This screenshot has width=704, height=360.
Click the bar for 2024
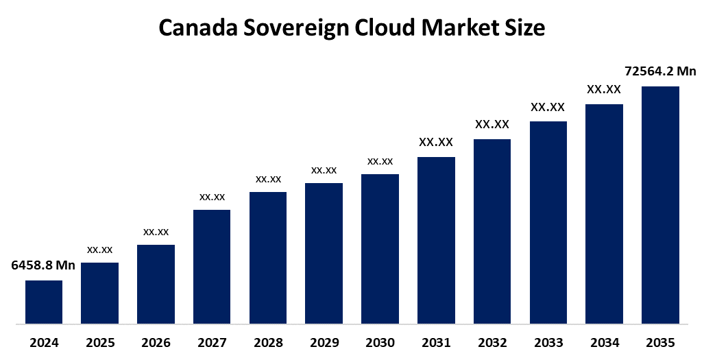pyautogui.click(x=44, y=302)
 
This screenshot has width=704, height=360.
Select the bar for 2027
pyautogui.click(x=212, y=266)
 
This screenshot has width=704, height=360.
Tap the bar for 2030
pyautogui.click(x=380, y=248)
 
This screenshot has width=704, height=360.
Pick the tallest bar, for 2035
pyautogui.click(x=660, y=204)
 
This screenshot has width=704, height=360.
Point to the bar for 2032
pyautogui.click(x=492, y=231)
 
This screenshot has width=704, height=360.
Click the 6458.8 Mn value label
pyautogui.click(x=43, y=265)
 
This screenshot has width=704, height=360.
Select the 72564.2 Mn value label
pyautogui.click(x=660, y=71)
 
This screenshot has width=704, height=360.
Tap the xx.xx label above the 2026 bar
pyautogui.click(x=156, y=232)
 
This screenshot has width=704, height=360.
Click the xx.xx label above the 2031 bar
pyautogui.click(x=436, y=143)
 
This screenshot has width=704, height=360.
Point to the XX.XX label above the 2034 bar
pyautogui.click(x=604, y=89)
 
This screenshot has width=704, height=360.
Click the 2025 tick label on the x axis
pyautogui.click(x=100, y=342)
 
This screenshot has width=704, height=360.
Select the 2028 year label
pyautogui.click(x=268, y=342)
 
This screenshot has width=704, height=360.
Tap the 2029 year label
pyautogui.click(x=324, y=342)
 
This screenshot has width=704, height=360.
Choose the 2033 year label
pyautogui.click(x=548, y=342)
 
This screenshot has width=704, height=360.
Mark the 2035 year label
pyautogui.click(x=660, y=342)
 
